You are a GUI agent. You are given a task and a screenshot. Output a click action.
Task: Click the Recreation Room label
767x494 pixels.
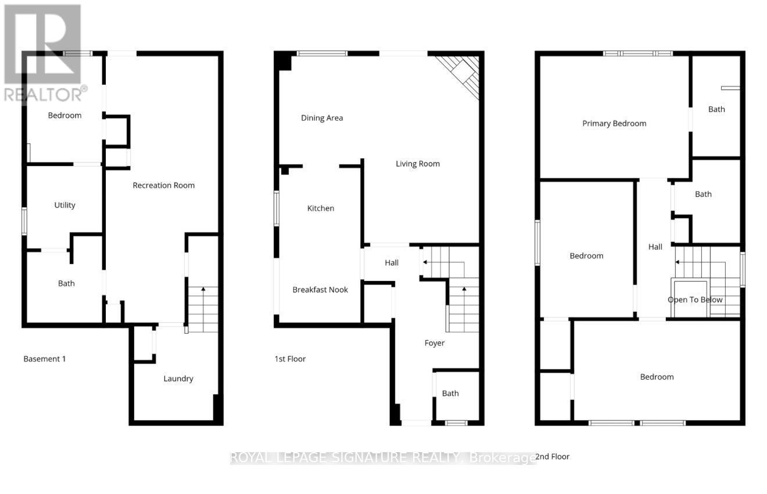(x=163, y=185)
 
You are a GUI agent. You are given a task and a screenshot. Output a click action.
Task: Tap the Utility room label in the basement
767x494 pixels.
(x=64, y=205)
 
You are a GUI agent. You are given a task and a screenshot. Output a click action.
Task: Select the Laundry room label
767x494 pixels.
(x=178, y=378)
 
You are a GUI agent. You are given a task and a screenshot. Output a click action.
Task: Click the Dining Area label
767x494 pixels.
(x=322, y=118)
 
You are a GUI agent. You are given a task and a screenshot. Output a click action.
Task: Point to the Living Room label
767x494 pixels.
(x=417, y=164)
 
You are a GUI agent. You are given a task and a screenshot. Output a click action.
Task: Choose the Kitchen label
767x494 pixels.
(x=321, y=208)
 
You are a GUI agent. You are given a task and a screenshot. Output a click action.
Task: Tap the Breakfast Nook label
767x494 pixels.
(x=320, y=290)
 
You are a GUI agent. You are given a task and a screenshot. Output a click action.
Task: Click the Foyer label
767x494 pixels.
(x=434, y=343)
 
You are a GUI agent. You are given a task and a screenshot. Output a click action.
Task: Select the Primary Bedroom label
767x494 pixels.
(x=614, y=123)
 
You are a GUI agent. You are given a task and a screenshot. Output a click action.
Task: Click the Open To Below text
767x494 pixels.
(x=695, y=300)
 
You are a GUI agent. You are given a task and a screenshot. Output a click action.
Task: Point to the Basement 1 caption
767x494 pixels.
(x=45, y=359)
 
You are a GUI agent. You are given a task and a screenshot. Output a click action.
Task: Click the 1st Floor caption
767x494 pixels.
(x=290, y=359)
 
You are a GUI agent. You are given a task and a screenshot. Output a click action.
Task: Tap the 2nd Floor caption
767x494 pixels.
(x=552, y=456)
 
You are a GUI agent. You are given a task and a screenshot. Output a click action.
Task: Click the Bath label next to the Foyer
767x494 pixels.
(x=450, y=393)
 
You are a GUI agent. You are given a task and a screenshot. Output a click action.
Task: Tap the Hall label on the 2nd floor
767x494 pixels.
(x=655, y=247)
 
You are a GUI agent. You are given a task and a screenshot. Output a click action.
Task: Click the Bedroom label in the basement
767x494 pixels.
(x=64, y=115)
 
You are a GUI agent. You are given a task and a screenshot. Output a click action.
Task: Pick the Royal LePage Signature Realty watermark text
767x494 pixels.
(x=383, y=458)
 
